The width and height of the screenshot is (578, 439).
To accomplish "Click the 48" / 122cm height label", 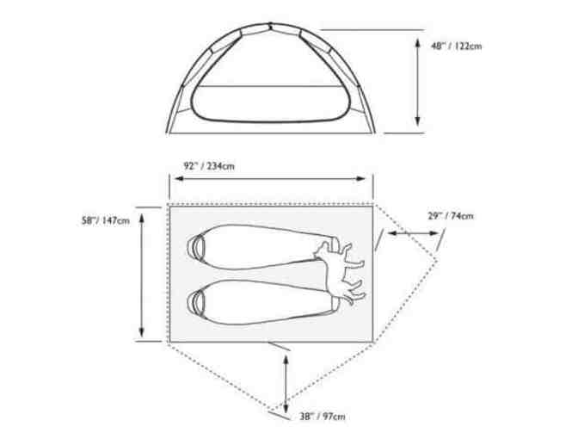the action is [457, 46].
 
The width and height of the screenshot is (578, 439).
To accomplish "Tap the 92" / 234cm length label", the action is [209, 166].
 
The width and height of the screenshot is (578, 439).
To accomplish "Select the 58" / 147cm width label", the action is [106, 220].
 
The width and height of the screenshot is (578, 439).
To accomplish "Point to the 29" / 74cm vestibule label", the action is [451, 216].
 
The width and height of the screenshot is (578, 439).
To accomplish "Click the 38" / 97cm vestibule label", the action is [323, 417].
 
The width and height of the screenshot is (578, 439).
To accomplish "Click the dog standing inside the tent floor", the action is [340, 272].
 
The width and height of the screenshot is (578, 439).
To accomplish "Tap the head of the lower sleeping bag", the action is [196, 301].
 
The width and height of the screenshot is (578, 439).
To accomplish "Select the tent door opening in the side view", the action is [270, 104].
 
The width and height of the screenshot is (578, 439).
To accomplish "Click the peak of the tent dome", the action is [270, 24].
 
